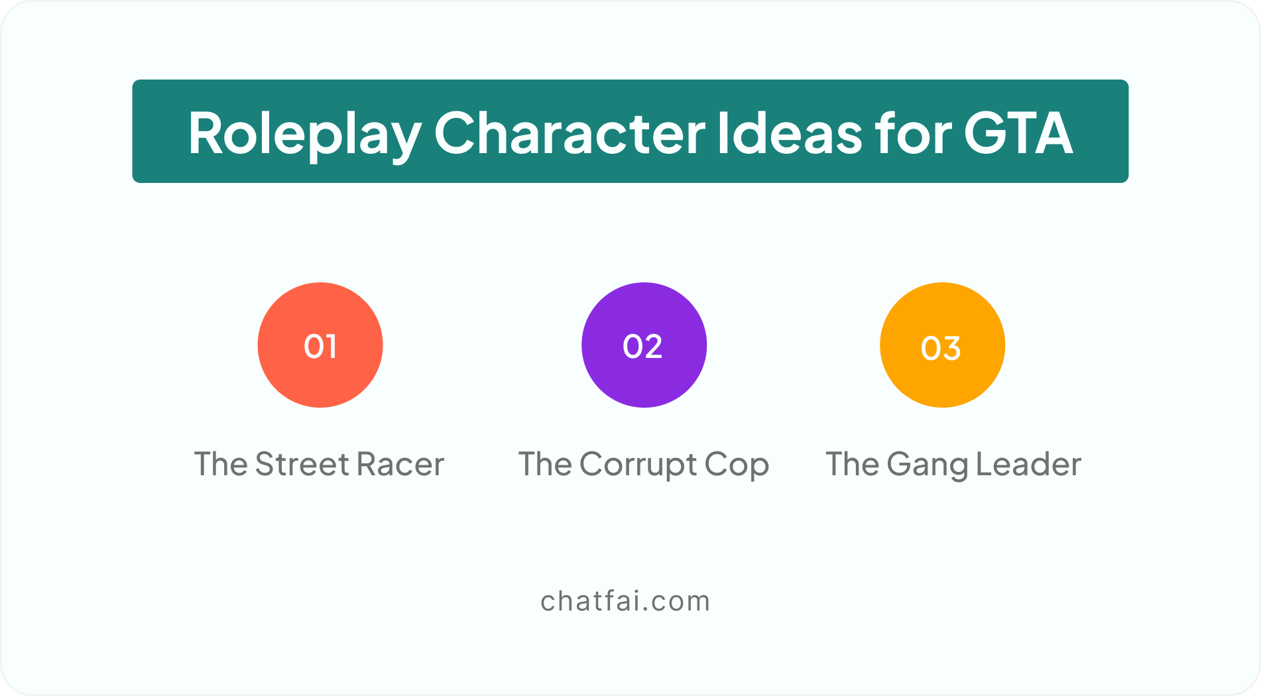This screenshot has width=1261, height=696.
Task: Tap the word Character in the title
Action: [570, 133]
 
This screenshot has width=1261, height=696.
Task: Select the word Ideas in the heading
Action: [789, 133]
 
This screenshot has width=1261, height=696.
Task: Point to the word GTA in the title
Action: [1018, 133]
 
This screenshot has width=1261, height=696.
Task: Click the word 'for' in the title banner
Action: [912, 133]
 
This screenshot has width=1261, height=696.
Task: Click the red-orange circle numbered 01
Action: [320, 345]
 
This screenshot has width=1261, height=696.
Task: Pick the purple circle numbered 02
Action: [644, 345]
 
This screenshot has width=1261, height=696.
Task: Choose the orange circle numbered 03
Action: [942, 345]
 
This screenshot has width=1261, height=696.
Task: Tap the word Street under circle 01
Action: [302, 464]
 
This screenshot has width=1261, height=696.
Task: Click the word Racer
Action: [400, 464]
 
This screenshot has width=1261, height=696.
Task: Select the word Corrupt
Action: [638, 465]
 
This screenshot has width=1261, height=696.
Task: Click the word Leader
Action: [1029, 464]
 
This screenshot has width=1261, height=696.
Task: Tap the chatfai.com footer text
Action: [625, 601]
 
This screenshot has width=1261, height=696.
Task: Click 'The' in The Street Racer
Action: [221, 464]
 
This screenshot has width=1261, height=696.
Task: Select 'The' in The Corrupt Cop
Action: [545, 464]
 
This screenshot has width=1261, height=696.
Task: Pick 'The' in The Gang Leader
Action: [853, 464]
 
